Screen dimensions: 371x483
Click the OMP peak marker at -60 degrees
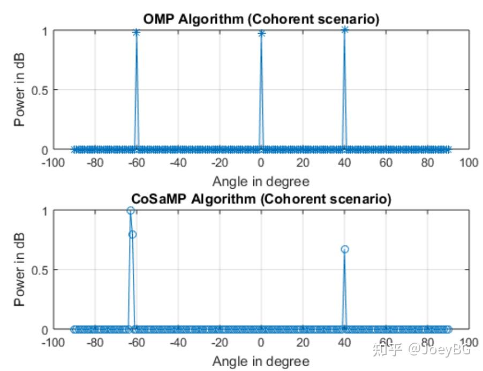click(x=137, y=33)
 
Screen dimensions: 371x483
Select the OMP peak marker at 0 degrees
click(x=261, y=34)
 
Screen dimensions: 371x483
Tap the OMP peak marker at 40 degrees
click(x=345, y=30)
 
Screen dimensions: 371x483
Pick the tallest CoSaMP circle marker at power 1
click(x=130, y=211)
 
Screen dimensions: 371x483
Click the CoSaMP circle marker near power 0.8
click(x=132, y=234)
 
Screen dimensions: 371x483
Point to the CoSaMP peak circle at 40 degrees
click(x=345, y=249)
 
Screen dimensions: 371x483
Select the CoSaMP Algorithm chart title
click(x=261, y=199)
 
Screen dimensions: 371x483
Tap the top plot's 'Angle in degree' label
click(x=261, y=181)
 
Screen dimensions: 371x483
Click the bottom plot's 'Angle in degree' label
click(x=261, y=361)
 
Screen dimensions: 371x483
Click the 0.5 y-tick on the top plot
click(x=39, y=90)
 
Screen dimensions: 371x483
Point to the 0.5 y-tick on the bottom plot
click(x=39, y=270)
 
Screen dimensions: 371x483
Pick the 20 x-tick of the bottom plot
click(x=303, y=342)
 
